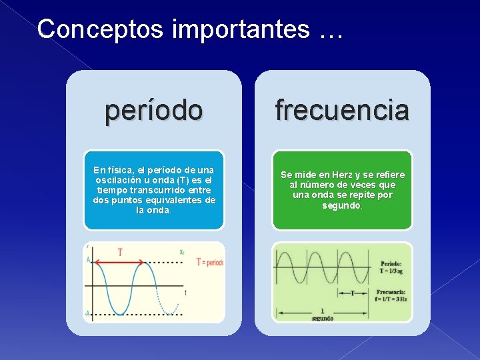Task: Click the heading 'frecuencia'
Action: coord(342,111)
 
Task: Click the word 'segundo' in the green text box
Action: coord(341,205)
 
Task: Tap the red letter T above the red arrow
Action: coord(120,252)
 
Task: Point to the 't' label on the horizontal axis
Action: coord(185,293)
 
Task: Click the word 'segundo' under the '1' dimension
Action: coord(322,319)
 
